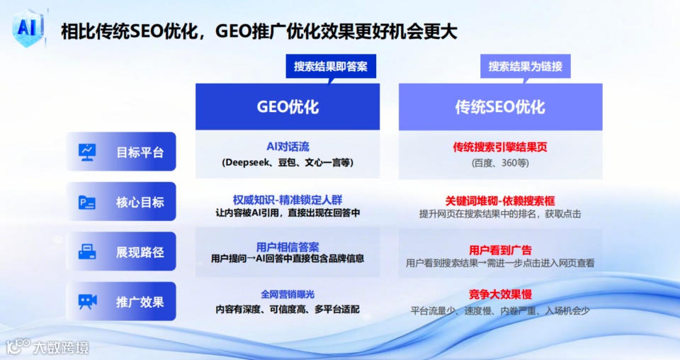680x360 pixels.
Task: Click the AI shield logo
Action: [28, 28]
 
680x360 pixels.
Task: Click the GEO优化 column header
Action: [288, 107]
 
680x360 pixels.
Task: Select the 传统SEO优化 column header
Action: [501, 107]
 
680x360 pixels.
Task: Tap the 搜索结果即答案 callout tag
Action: [331, 67]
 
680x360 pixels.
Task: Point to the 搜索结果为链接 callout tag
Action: [525, 67]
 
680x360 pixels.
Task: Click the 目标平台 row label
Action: [121, 152]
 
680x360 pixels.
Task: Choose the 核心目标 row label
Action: [121, 202]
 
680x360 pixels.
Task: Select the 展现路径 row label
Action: [121, 252]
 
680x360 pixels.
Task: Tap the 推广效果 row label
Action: [121, 301]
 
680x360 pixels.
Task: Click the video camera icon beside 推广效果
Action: [88, 301]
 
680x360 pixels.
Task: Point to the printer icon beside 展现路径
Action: [87, 252]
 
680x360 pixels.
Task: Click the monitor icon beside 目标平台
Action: [87, 152]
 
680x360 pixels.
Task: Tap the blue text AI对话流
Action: [288, 147]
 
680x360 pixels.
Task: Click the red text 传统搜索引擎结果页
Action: [500, 147]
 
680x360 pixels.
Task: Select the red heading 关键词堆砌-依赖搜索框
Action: [500, 201]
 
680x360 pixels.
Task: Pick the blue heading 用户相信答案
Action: [288, 247]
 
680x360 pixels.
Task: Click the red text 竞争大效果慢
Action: [500, 295]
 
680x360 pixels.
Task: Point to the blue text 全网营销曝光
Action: [288, 295]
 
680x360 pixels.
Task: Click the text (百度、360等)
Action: [500, 163]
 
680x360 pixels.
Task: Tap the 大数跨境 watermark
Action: [47, 347]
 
